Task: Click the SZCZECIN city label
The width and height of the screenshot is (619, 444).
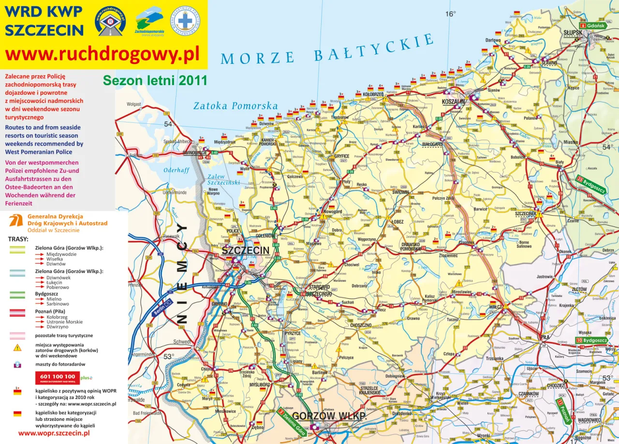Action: coord(245,251)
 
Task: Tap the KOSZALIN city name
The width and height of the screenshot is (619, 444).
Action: coord(453,102)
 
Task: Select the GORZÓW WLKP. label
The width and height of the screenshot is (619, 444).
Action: coord(329,416)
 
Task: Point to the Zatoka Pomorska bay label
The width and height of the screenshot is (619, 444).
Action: coord(236,106)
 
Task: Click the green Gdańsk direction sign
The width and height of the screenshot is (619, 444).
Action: coord(593,25)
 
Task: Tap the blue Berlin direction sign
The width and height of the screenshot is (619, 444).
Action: coord(162,308)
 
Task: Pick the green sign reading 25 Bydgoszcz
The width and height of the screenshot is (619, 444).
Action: coord(591,184)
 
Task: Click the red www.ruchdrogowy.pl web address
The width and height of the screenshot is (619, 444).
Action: coord(102,55)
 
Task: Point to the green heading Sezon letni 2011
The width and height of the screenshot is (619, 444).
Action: coord(155,80)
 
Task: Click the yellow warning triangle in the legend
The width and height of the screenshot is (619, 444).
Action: coord(17,347)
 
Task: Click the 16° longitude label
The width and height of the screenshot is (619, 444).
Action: coord(450,14)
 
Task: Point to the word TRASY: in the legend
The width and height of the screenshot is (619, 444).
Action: coord(18,239)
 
